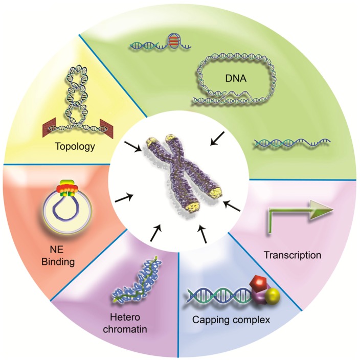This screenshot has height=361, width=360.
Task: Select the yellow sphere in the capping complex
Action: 275,296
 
